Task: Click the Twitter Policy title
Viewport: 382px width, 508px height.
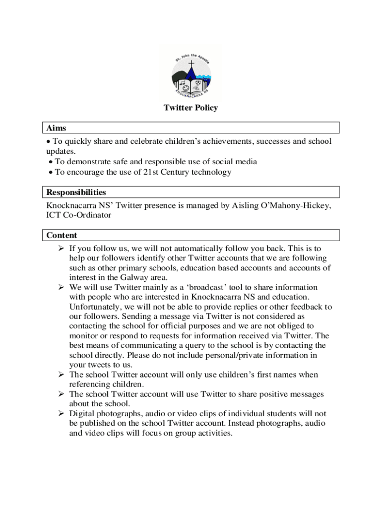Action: coord(191,108)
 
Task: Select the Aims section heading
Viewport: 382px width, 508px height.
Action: coord(56,128)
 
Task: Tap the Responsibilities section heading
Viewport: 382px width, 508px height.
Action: coord(76,192)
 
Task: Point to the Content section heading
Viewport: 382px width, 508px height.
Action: coord(62,235)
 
